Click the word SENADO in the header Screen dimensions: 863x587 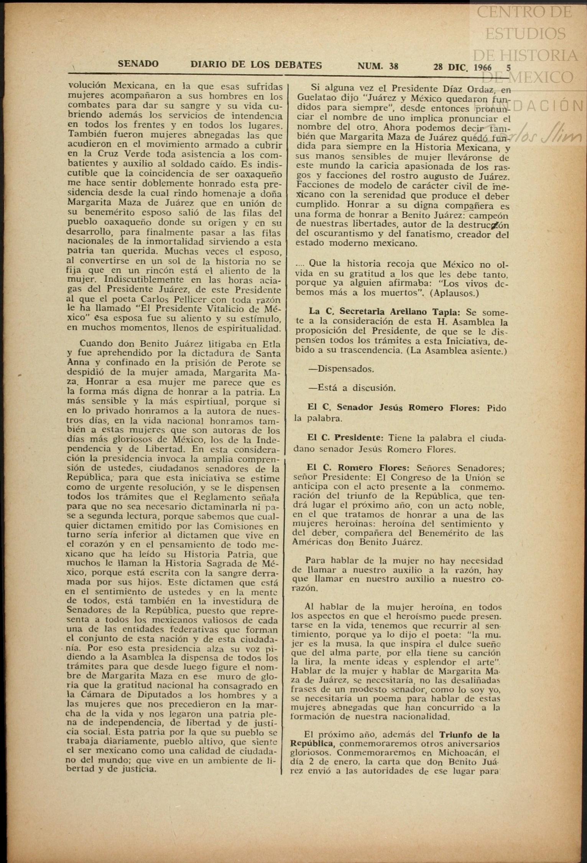(138, 64)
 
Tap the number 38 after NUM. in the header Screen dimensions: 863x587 (393, 66)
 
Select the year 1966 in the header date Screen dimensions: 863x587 (483, 67)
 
